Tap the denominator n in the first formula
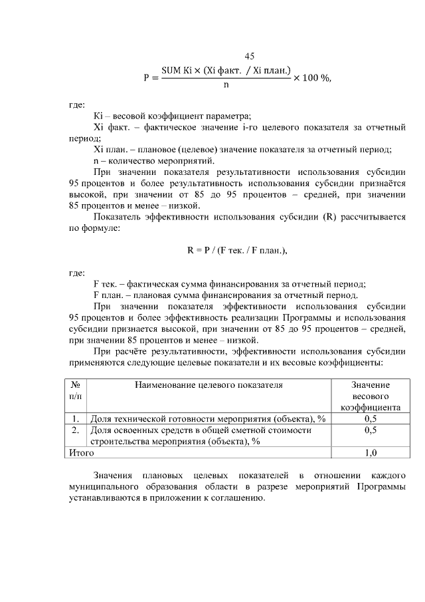click(x=226, y=85)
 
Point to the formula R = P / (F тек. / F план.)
click(x=236, y=251)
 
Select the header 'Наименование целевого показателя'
click(x=209, y=384)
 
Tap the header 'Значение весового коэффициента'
click(x=370, y=396)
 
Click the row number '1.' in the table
click(x=76, y=418)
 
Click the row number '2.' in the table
click(x=76, y=430)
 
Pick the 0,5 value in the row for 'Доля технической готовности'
click(x=371, y=418)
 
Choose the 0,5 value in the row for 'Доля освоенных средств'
click(x=371, y=430)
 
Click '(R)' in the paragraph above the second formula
click(x=330, y=216)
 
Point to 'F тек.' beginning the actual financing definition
click(x=107, y=284)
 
